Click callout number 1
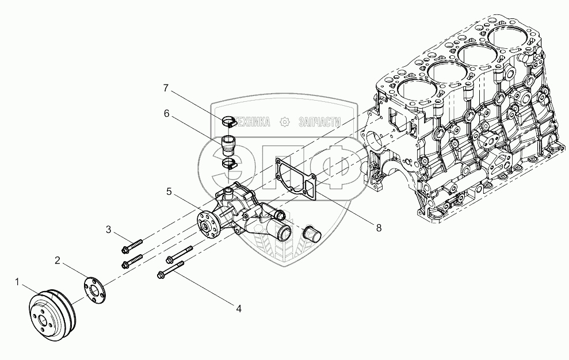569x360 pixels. click(18, 282)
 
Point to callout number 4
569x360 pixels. click(238, 309)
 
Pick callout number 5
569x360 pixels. click(169, 192)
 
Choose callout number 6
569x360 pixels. click(166, 114)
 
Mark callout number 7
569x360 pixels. click(166, 88)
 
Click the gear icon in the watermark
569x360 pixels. click(284, 121)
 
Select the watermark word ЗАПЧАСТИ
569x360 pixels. click(319, 121)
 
